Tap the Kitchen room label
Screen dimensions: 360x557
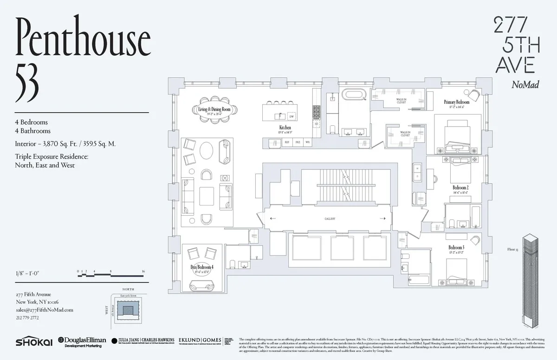pos(285,128)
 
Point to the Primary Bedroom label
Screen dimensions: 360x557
pos(456,102)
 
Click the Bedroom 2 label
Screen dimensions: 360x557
pos(460,187)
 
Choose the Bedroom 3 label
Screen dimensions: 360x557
pos(456,248)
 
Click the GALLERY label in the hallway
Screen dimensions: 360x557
pos(330,219)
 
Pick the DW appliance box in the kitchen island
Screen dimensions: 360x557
pos(291,116)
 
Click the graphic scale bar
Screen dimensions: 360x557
pos(111,274)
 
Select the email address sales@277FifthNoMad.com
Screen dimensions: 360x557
pos(44,310)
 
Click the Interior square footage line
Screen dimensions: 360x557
pos(65,144)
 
